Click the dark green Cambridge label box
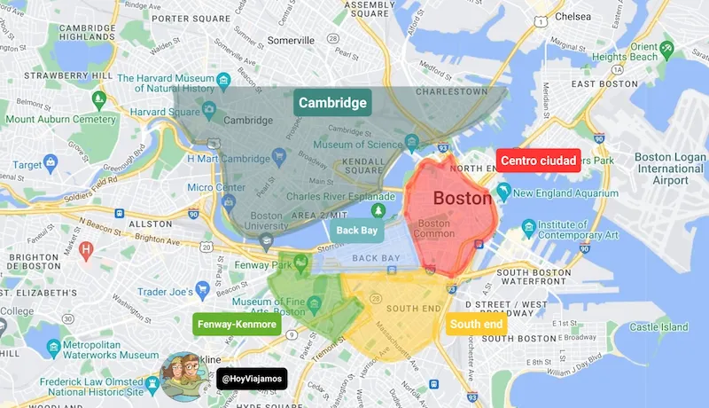[x=332, y=103]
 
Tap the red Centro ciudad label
[x=538, y=161]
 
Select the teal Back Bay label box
[x=357, y=231]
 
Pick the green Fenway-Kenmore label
[x=237, y=325]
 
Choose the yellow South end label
[x=477, y=325]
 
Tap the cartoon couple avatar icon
[x=184, y=374]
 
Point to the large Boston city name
[x=462, y=199]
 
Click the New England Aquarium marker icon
[x=503, y=192]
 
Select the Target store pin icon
[x=51, y=164]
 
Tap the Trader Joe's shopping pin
[x=203, y=290]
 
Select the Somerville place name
[x=291, y=41]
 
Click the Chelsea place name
[x=573, y=16]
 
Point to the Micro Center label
[x=216, y=187]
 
